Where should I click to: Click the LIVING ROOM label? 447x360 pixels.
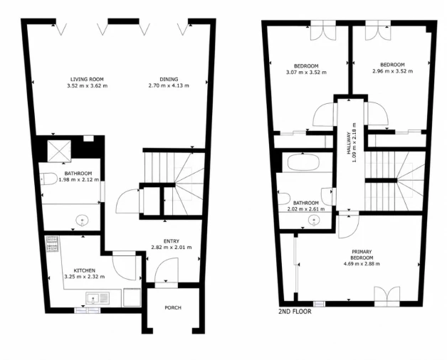(x=87, y=79)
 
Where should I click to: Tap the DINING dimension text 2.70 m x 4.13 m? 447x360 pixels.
(x=169, y=85)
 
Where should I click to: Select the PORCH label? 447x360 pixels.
(x=173, y=308)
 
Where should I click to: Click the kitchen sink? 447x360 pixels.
(x=98, y=299)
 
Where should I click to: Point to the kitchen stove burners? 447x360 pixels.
(x=52, y=244)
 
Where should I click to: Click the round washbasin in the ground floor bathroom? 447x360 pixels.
(x=82, y=221)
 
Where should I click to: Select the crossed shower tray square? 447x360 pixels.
(x=59, y=151)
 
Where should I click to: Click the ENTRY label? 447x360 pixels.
(x=172, y=241)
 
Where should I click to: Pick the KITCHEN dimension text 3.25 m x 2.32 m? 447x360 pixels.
(x=85, y=277)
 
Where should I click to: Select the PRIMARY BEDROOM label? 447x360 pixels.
(x=362, y=255)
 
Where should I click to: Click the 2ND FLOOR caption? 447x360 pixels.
(x=295, y=312)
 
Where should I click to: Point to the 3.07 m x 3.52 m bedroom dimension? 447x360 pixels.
(x=306, y=73)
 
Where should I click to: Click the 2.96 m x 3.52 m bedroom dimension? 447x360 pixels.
(x=393, y=71)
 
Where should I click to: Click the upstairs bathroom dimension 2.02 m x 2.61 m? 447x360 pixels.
(x=306, y=209)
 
